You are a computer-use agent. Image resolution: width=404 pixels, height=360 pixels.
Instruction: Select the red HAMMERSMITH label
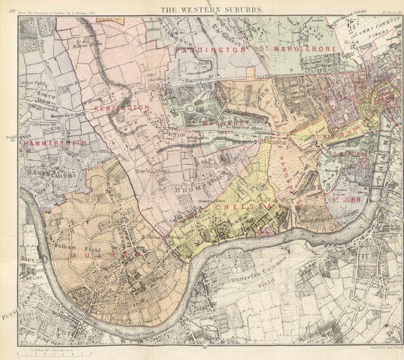point(55,143)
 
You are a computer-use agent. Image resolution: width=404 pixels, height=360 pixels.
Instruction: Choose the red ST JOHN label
point(341,200)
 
